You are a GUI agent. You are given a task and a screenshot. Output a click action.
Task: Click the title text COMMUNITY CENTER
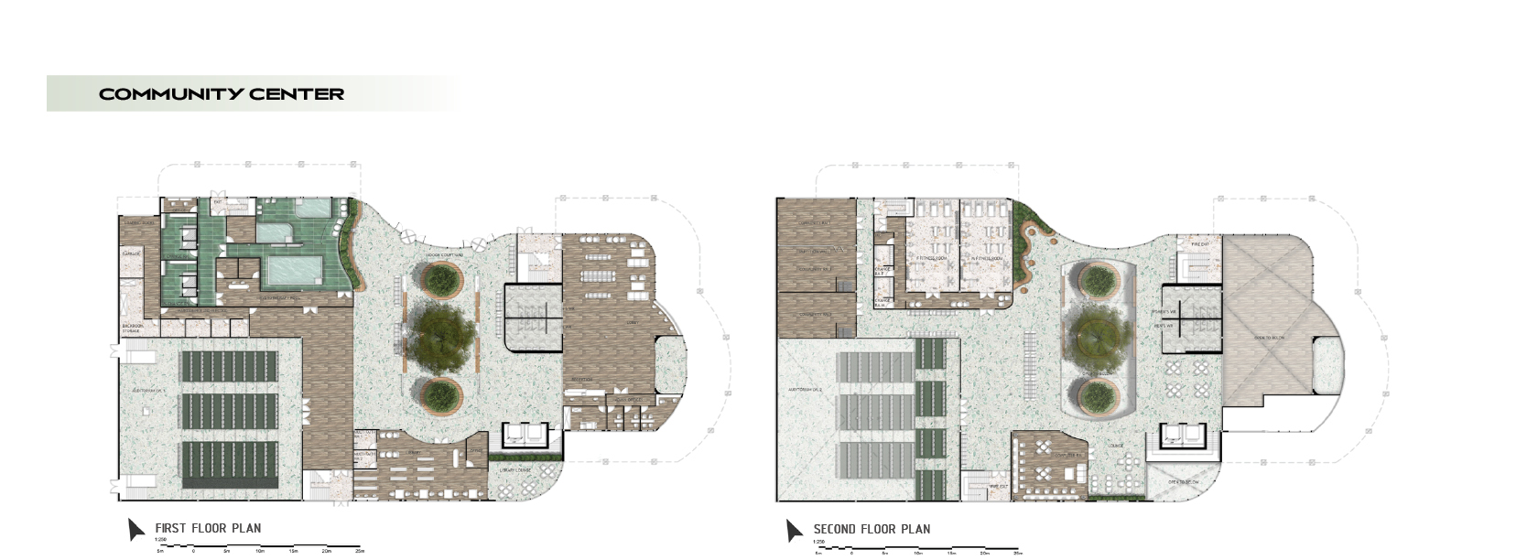coord(222,94)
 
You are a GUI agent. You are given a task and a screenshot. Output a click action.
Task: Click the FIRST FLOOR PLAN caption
coord(208,528)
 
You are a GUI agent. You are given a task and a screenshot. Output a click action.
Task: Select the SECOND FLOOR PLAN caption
coord(872,529)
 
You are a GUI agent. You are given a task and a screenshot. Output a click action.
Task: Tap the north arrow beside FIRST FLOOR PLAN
coord(135,529)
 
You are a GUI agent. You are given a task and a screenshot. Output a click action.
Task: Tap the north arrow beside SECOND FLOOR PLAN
coord(794,530)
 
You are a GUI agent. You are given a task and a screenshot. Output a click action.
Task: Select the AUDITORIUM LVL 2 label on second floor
coord(805,390)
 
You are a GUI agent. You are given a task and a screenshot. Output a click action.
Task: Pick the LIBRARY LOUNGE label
coord(515,469)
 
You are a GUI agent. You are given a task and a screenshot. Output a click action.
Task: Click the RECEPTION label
coord(582,379)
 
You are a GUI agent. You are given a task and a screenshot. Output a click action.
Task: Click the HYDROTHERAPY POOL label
coord(284,298)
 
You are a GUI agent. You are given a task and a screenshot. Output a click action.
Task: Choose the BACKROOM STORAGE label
coord(133,328)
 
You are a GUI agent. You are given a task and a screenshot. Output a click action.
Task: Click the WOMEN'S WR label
coord(1164,313)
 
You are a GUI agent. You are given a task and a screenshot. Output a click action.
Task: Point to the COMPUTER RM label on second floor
coord(1068,455)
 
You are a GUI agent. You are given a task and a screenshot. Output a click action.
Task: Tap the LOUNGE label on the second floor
coord(1115,447)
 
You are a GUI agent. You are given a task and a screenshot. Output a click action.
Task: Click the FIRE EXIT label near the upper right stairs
coord(1200,244)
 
